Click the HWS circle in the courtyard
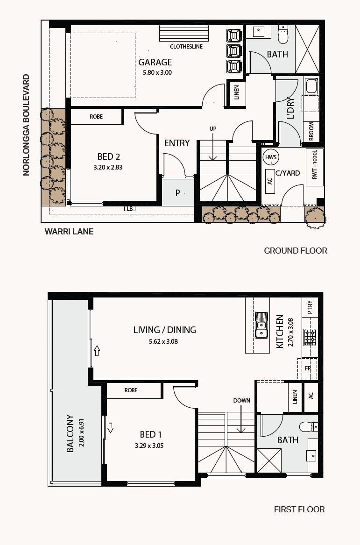(x=271, y=157)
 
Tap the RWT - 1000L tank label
(x=315, y=165)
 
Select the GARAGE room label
(x=155, y=62)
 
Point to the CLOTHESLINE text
(x=186, y=47)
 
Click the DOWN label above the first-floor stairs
(x=241, y=400)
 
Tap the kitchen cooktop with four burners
(x=310, y=337)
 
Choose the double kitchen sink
(x=261, y=325)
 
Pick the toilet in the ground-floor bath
(x=283, y=35)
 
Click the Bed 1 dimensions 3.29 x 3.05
(x=149, y=446)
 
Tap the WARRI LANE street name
(x=69, y=232)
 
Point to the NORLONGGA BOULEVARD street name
(x=26, y=125)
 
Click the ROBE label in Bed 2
(x=96, y=117)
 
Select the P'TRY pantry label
(x=310, y=307)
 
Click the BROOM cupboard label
(x=311, y=131)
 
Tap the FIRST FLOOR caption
(x=300, y=510)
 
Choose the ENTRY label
(x=177, y=143)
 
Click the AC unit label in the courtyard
(x=270, y=181)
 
